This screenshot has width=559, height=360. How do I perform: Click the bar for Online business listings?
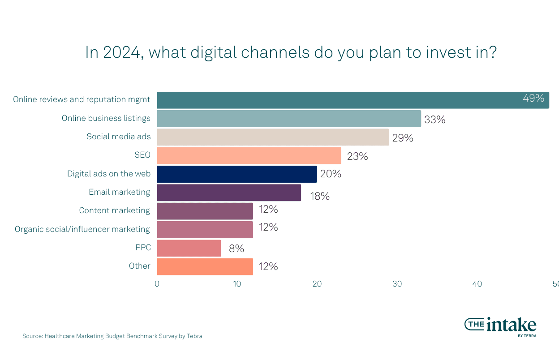point(289,119)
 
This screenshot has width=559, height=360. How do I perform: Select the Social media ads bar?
point(273,137)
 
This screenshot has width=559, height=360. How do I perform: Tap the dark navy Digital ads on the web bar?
point(237,174)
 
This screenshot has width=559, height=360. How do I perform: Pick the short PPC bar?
point(189,248)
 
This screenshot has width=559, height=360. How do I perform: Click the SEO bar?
point(249,156)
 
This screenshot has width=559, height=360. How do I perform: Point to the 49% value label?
point(533,99)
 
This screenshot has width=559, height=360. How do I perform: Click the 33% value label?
point(434,120)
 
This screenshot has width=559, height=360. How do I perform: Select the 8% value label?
point(236,249)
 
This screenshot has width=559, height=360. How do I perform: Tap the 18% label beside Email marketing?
point(320,196)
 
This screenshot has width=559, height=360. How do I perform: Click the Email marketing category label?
point(119,192)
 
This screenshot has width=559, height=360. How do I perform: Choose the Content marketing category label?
point(114,210)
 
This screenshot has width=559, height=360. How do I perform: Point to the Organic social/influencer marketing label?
point(82,229)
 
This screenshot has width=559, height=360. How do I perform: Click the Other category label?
point(139,266)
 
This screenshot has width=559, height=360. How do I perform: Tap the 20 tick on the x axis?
point(317,284)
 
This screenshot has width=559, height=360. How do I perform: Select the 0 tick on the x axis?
point(157,284)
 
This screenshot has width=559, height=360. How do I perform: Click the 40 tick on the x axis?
point(477,284)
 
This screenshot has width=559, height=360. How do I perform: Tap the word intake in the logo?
point(511,324)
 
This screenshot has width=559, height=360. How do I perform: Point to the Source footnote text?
point(112,336)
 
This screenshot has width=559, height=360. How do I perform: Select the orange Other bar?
point(205,266)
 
